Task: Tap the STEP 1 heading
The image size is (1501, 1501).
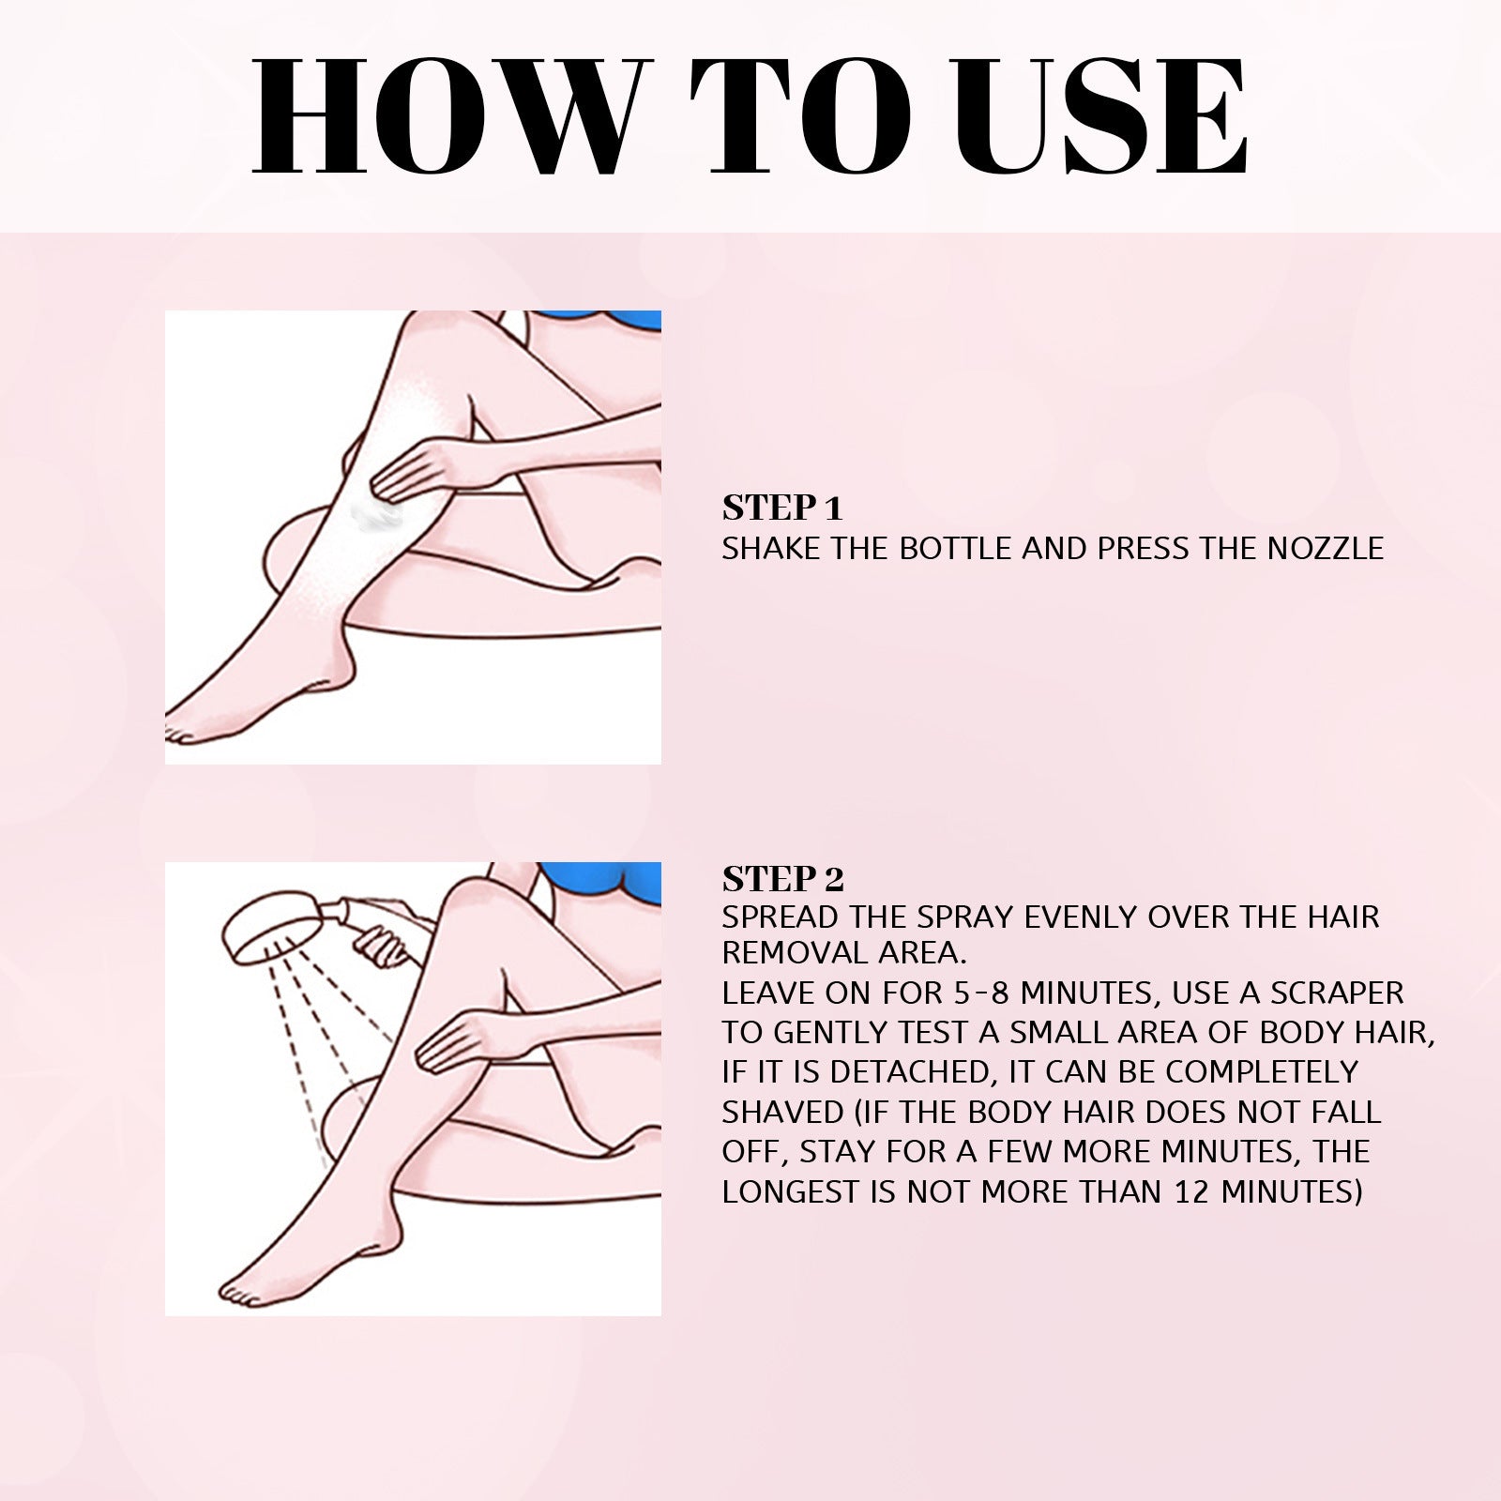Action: point(782,508)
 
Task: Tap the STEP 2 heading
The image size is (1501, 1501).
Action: point(782,879)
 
